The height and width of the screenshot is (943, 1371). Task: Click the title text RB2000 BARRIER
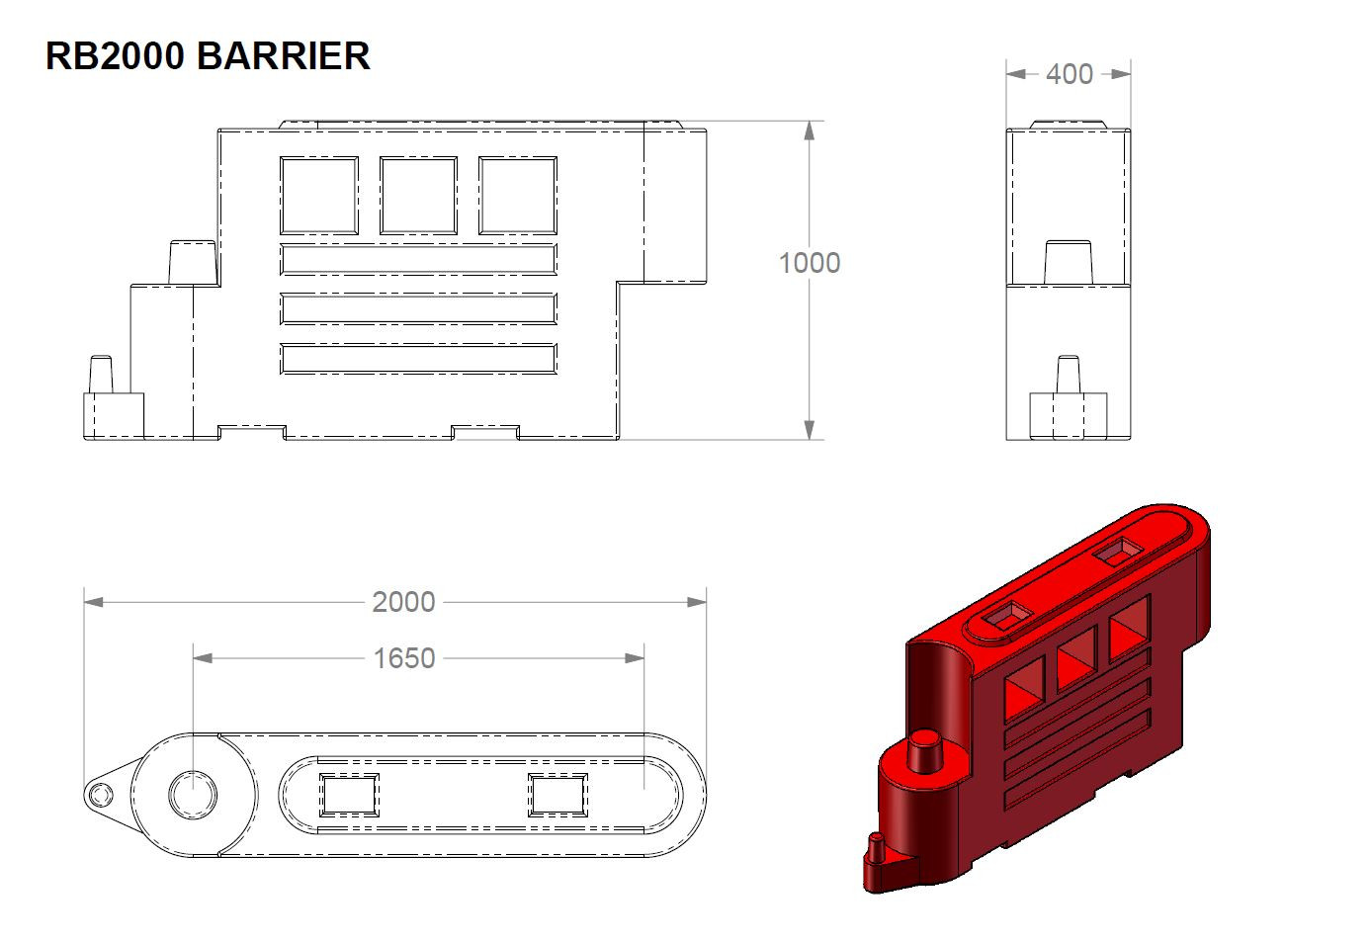208,56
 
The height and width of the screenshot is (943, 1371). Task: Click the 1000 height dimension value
809,263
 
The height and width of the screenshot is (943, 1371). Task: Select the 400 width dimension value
1069,74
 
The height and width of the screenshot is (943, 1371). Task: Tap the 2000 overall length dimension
403,602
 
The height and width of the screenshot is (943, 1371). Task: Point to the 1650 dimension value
403,658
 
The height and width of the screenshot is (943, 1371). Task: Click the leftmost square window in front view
318,195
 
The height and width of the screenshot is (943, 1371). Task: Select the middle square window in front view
418,195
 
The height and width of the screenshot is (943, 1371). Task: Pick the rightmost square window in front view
518,195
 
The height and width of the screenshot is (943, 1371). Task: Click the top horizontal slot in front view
418,259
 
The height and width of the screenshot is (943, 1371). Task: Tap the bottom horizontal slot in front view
418,359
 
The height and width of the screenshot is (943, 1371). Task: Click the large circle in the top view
193,794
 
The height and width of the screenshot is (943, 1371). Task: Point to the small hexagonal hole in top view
99,794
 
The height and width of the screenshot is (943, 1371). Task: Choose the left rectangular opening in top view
348,795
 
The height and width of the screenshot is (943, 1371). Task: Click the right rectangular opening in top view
557,795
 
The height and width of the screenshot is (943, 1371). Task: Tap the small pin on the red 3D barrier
874,848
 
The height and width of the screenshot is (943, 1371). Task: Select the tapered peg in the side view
1068,263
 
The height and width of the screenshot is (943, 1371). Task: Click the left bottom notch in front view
251,433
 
